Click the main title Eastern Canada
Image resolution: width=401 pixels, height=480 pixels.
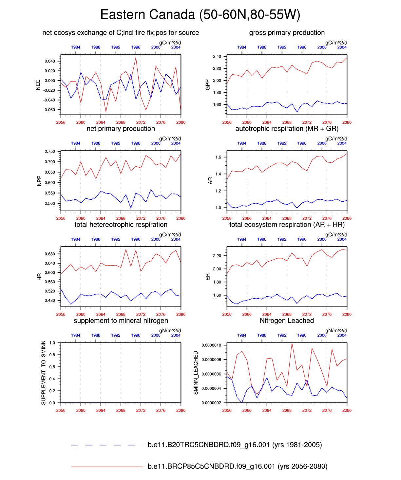pos(200,15)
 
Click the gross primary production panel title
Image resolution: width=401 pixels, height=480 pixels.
pos(287,33)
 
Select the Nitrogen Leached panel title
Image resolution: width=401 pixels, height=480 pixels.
pos(287,321)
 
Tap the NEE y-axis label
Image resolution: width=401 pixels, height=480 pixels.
pos(38,84)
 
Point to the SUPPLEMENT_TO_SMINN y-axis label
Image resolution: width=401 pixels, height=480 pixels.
pos(44,373)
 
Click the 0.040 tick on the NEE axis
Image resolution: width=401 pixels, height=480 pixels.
pos(50,61)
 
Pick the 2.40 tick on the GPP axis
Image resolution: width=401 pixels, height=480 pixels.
pos(217,57)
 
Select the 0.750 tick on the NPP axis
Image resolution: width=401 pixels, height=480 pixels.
pos(50,152)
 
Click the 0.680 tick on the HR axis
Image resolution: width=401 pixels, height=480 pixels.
pos(50,254)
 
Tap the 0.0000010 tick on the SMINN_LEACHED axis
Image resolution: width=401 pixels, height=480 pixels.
pos(211,345)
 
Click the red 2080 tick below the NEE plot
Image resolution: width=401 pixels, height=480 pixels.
pos(181,122)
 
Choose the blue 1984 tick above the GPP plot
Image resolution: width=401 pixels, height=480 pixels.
pos(242,47)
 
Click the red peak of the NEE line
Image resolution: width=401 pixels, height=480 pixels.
pos(136,58)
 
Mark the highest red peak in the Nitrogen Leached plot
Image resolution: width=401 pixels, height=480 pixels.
pos(292,343)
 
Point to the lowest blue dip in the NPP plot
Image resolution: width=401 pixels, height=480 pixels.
pos(131,208)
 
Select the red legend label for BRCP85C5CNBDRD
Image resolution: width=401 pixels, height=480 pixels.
pos(237,467)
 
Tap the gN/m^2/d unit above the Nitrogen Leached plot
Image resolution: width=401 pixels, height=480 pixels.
pos(336,331)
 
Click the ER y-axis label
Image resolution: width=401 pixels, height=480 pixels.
pos(208,277)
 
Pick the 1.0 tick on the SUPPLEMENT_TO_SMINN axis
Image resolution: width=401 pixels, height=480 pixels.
pos(52,343)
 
